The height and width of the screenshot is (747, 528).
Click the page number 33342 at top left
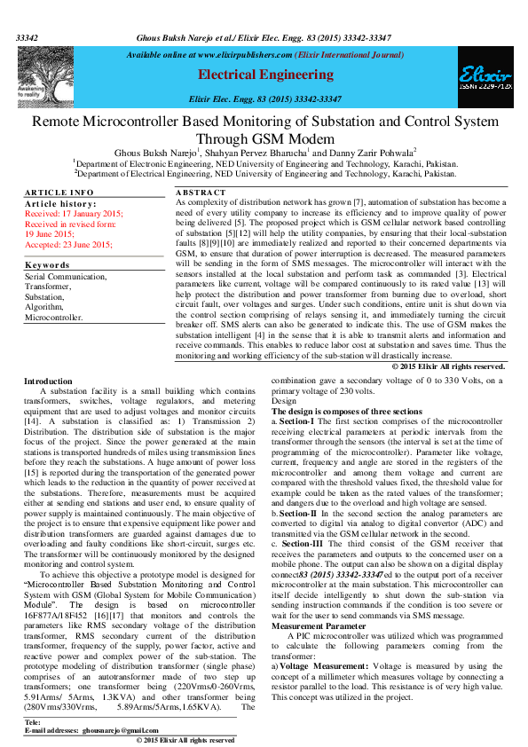tap(28, 39)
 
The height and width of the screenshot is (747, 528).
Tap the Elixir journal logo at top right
tap(485, 79)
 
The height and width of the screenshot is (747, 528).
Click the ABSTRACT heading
tap(201, 193)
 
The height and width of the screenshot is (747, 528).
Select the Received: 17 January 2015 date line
tap(74, 214)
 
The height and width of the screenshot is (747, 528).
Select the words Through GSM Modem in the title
tap(264, 138)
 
